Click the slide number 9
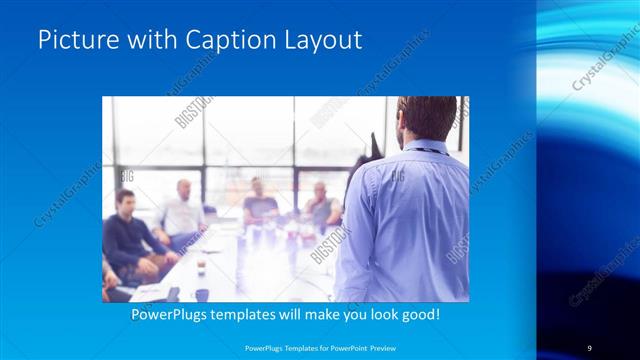[x=589, y=347]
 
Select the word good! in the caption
[x=418, y=314]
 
